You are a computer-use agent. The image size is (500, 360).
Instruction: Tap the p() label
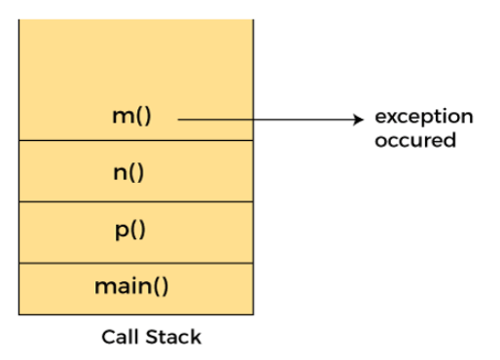(130, 232)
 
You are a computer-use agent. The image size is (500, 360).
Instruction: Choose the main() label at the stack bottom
(131, 287)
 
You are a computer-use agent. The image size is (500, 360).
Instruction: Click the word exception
(424, 118)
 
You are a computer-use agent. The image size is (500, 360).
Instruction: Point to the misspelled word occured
(415, 140)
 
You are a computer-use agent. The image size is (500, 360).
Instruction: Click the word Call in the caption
(121, 338)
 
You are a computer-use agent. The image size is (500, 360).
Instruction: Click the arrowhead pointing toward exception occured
(357, 119)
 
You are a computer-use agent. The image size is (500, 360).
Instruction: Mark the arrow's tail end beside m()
(180, 119)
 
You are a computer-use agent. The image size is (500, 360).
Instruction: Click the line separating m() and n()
(135, 141)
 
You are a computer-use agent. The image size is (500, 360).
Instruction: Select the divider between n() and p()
(135, 201)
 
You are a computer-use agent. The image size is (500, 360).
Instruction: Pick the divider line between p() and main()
(135, 263)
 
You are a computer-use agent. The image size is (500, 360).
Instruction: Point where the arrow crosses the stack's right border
(253, 119)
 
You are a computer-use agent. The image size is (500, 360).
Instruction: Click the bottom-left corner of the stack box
(18, 314)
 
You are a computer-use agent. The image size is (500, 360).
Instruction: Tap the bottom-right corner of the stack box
(253, 314)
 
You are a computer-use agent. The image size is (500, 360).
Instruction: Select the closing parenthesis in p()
(142, 232)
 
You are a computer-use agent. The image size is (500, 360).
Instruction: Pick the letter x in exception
(394, 118)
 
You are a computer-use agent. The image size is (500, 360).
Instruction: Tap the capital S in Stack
(155, 338)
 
